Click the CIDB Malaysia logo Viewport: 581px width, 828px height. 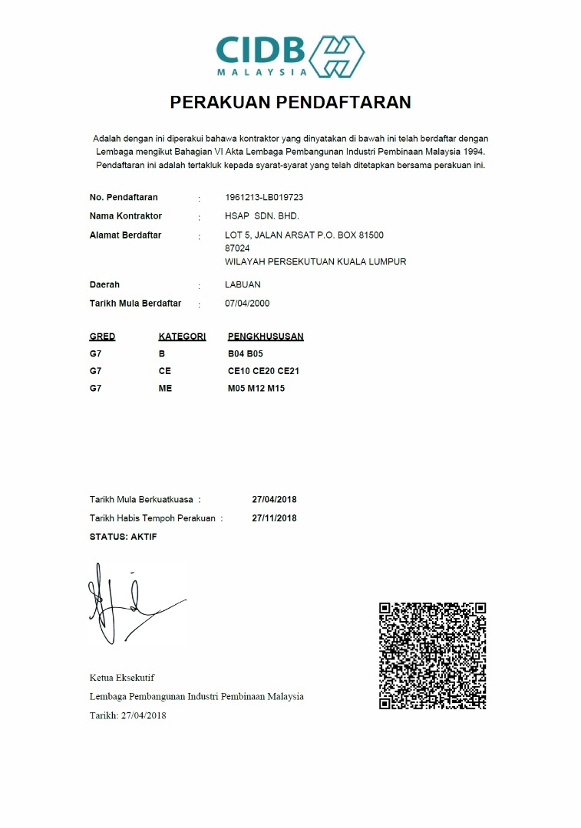point(289,55)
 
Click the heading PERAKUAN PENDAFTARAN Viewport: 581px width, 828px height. point(290,102)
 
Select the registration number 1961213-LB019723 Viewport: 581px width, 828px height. point(263,197)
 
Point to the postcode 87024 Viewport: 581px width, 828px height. point(237,248)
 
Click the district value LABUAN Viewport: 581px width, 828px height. point(243,284)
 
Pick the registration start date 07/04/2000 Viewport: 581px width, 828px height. point(247,304)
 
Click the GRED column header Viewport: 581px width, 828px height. point(102,337)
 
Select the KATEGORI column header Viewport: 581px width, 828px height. point(182,337)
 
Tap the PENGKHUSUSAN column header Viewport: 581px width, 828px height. point(266,337)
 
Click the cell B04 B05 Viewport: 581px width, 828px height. point(246,354)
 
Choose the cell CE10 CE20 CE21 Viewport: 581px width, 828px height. point(263,371)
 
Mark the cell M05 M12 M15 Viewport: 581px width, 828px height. point(256,388)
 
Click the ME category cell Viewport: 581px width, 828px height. point(165,388)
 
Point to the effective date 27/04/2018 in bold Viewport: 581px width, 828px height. point(274,500)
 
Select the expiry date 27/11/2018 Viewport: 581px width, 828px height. point(274,518)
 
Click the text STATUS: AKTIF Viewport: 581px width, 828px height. point(123,537)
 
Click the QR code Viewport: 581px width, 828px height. point(433,655)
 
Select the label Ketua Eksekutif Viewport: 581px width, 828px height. point(122,678)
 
